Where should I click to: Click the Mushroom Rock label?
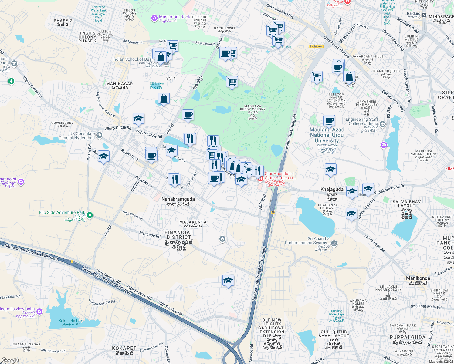tap(174, 17)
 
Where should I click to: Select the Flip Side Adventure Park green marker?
tap(90, 215)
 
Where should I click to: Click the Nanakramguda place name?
tap(178, 199)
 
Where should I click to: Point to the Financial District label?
tap(179, 235)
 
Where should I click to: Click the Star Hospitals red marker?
tap(260, 179)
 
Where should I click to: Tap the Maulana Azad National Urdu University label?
tap(327, 135)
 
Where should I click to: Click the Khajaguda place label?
tap(332, 189)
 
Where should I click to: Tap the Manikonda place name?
tap(418, 278)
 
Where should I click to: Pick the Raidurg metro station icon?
tap(424, 15)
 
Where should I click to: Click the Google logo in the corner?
tap(10, 360)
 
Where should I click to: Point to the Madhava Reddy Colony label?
tap(252, 108)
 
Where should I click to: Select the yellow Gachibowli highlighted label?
tap(316, 46)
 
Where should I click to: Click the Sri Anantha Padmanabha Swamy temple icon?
tap(334, 243)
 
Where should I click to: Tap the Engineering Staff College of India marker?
tap(383, 124)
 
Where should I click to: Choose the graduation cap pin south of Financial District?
tap(228, 280)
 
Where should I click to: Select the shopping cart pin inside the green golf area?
tap(232, 82)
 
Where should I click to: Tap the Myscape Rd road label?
tap(150, 234)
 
